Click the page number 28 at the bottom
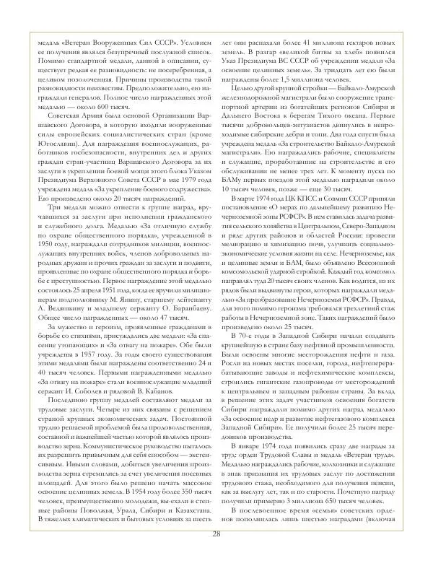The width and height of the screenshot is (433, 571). tap(216, 554)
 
